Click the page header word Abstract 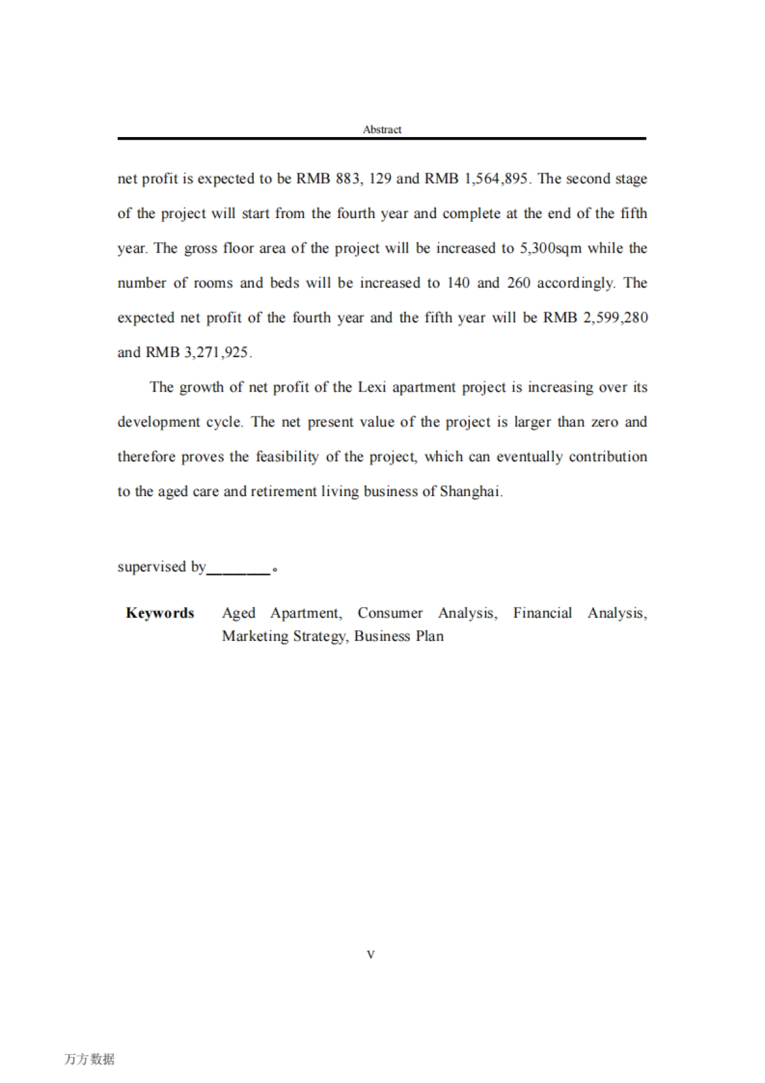click(x=382, y=129)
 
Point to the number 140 click(x=458, y=283)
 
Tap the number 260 click(x=518, y=283)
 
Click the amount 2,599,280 click(x=615, y=318)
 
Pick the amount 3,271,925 click(x=217, y=353)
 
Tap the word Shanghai click(x=470, y=492)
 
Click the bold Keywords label click(x=160, y=613)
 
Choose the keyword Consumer click(x=390, y=613)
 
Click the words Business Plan click(x=399, y=636)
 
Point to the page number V click(x=371, y=954)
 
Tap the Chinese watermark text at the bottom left click(x=89, y=1059)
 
